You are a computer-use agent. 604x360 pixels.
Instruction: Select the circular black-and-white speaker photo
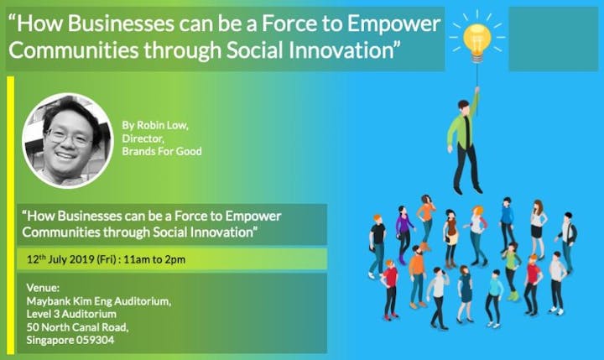tap(68, 141)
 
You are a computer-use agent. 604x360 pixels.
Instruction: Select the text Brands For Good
tap(162, 151)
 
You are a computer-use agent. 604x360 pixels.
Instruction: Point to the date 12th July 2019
tap(60, 259)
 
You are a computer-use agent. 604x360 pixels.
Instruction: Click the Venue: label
tap(43, 288)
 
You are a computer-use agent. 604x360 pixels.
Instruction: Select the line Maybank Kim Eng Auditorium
tap(99, 301)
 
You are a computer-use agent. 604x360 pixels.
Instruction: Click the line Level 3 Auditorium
tap(71, 314)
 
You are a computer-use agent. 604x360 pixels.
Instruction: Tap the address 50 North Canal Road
tap(77, 327)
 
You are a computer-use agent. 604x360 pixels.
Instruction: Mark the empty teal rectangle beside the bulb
tap(554, 39)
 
